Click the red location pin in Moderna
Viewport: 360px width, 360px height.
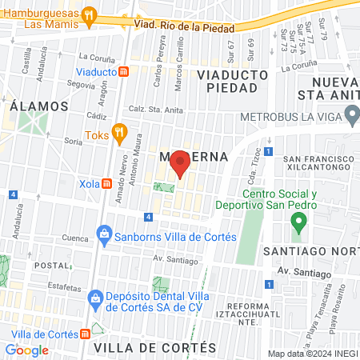181,163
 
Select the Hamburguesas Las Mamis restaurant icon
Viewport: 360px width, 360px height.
90,13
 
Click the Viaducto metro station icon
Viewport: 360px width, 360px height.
124,71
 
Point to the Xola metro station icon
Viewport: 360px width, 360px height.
106,183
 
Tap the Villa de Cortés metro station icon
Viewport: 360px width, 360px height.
86,333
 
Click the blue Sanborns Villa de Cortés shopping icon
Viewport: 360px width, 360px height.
103,236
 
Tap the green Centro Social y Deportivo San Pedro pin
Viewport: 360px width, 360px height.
298,221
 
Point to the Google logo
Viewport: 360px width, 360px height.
26,350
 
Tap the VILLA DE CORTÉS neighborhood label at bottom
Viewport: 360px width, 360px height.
154,348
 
